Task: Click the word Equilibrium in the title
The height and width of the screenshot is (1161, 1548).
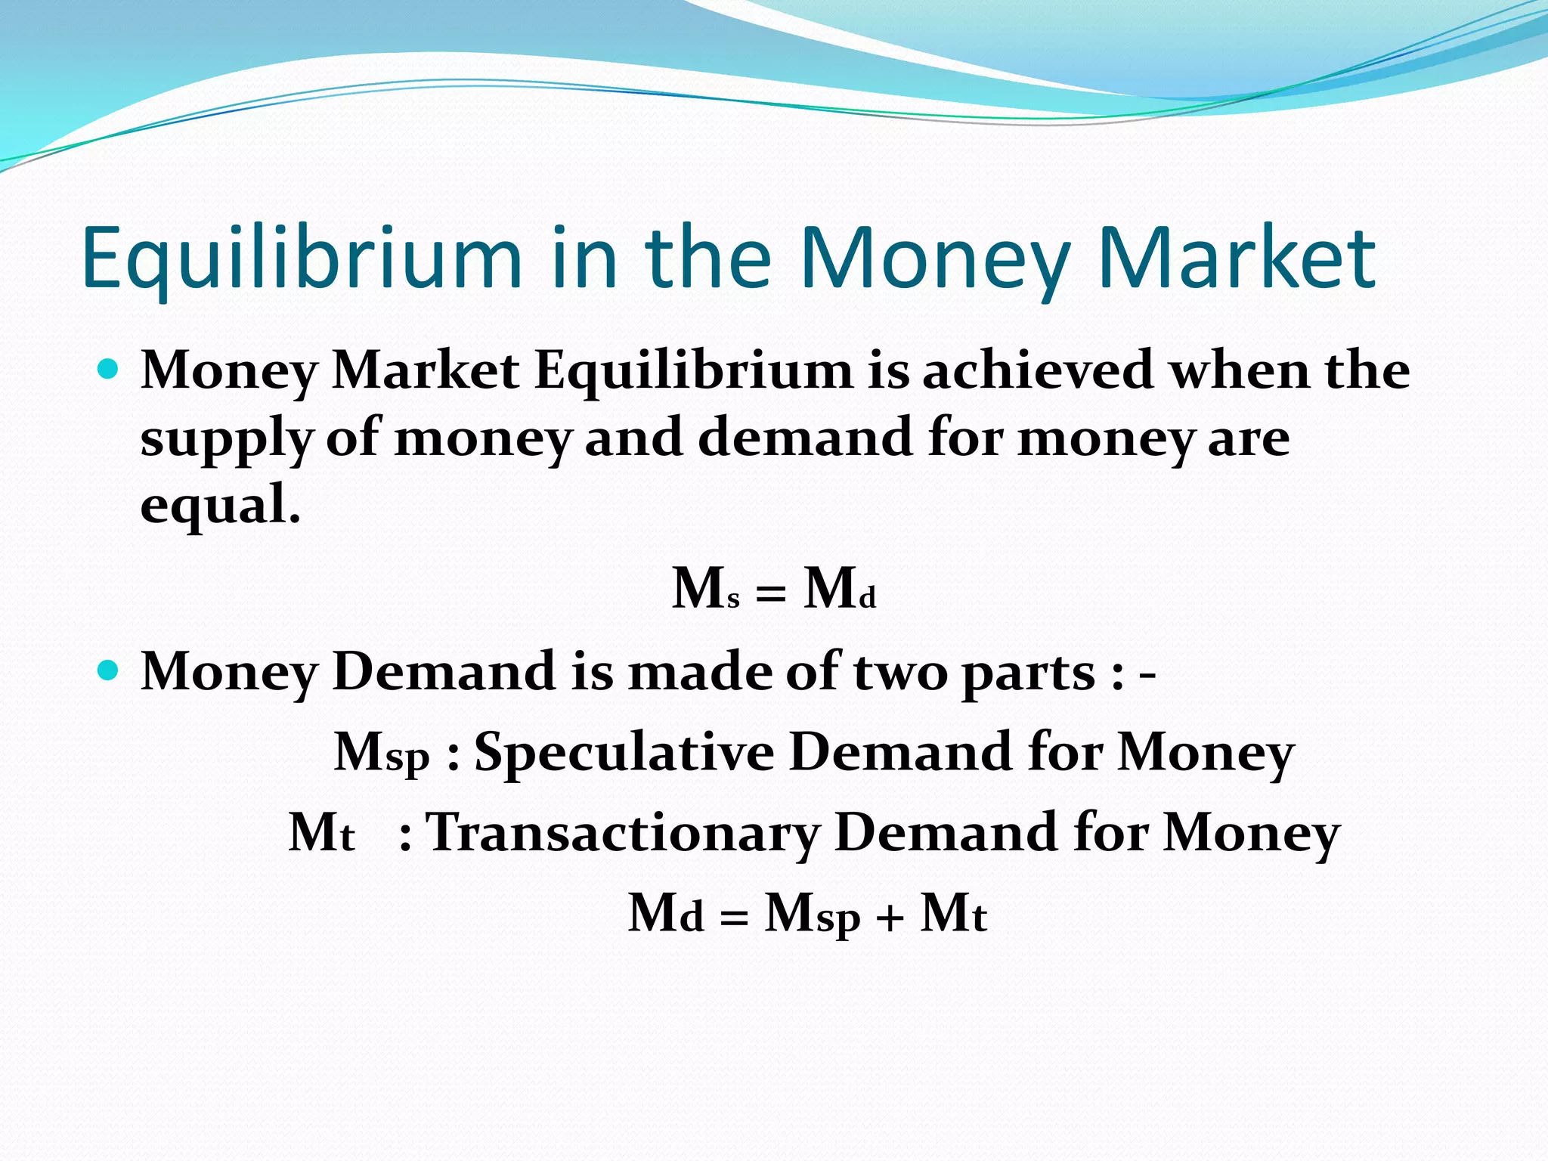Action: click(x=302, y=259)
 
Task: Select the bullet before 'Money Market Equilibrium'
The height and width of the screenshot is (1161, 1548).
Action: click(x=110, y=370)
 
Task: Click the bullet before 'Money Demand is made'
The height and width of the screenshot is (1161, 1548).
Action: click(x=110, y=670)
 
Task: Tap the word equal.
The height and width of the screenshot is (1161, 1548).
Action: click(x=219, y=505)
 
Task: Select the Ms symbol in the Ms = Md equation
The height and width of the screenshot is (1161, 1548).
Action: click(x=705, y=589)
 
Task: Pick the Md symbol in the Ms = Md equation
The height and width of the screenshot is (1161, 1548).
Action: click(x=840, y=589)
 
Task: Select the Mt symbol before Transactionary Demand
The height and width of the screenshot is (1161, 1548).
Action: click(x=321, y=833)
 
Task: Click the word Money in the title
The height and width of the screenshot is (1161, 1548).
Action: click(x=933, y=259)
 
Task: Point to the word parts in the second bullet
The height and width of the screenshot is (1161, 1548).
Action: click(x=1028, y=673)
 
